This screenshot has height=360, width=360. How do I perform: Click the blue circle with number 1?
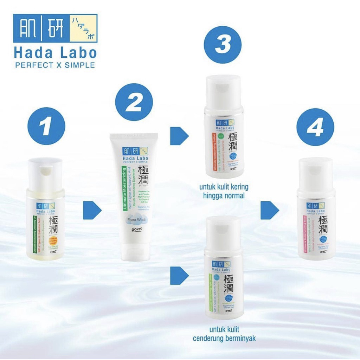(x=46, y=126)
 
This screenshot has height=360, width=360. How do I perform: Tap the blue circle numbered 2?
(x=134, y=102)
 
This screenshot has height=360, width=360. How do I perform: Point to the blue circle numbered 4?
(x=315, y=127)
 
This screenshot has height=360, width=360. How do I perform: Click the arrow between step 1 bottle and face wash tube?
(x=92, y=210)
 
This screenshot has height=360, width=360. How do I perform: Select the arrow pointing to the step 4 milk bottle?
(x=269, y=210)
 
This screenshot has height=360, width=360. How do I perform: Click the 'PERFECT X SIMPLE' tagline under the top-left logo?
(x=54, y=65)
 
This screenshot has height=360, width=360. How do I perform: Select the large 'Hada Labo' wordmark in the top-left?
(x=55, y=53)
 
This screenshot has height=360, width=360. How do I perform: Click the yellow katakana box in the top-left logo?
(x=84, y=28)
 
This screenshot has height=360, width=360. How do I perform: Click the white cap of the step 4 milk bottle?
(x=315, y=174)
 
